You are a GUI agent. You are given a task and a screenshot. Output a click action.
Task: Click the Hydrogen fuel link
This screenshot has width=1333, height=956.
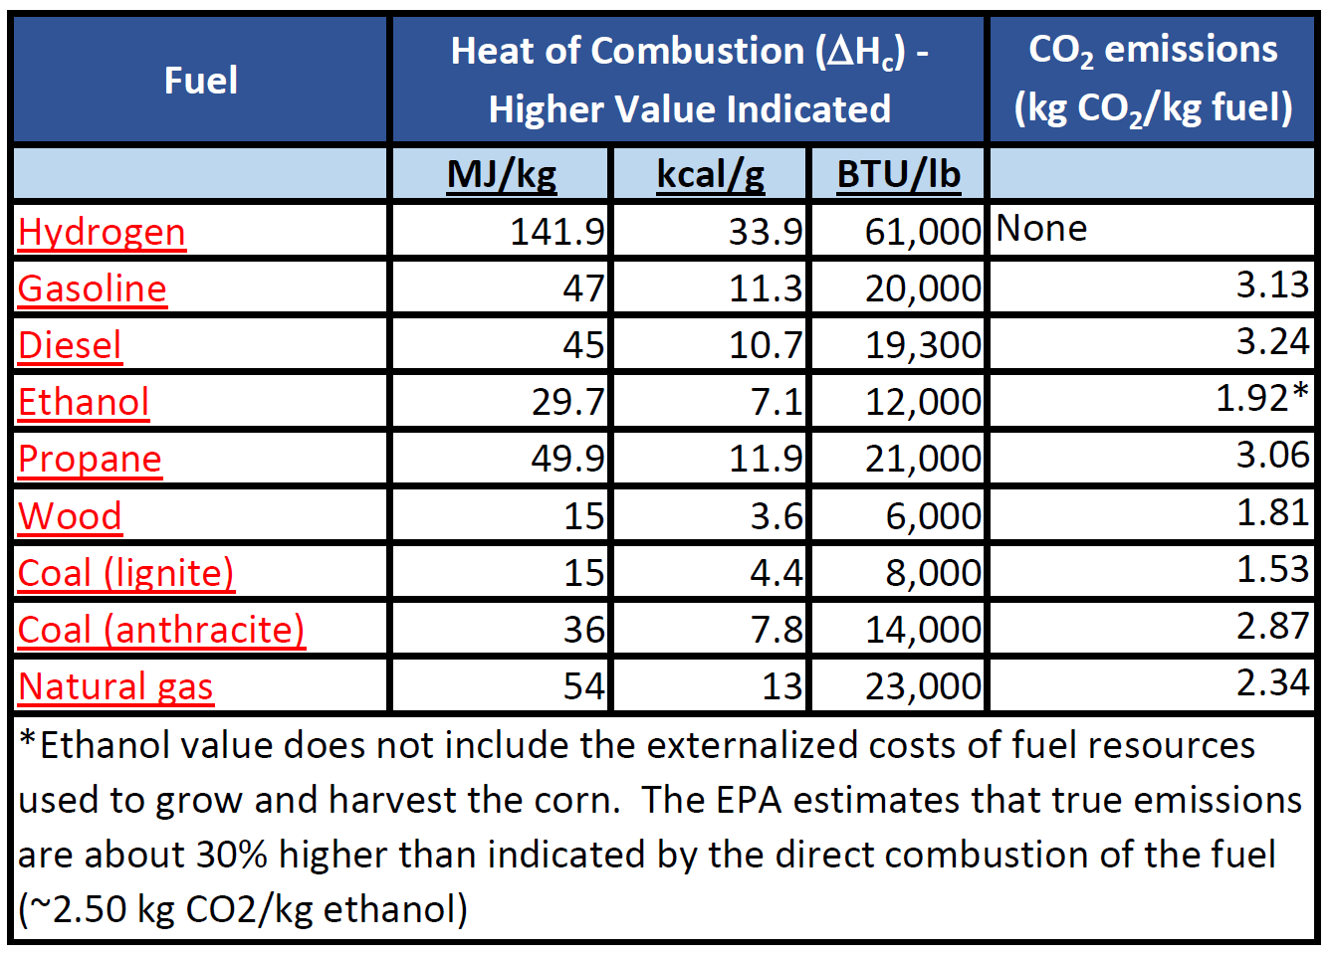(x=102, y=232)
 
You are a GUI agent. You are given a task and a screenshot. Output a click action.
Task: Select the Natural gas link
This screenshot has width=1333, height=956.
(x=115, y=686)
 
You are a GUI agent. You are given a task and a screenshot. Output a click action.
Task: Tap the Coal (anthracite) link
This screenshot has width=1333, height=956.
(x=161, y=630)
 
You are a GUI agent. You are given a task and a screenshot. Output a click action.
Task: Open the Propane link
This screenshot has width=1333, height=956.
(x=90, y=459)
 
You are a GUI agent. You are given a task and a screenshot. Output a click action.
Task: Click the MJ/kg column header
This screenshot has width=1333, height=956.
(x=502, y=174)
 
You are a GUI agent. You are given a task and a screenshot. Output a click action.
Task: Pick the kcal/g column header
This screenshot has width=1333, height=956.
(x=711, y=174)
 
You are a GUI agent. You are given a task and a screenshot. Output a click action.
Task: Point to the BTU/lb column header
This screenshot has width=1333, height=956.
(x=898, y=174)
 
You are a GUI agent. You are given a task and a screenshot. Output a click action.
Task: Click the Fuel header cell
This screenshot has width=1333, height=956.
(x=200, y=81)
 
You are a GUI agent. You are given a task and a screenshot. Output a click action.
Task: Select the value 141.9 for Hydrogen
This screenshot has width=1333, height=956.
(x=556, y=232)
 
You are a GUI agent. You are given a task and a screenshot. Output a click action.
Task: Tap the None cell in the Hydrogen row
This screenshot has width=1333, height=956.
(x=1041, y=229)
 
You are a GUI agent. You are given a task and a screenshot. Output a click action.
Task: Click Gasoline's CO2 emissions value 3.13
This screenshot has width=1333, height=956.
(x=1272, y=286)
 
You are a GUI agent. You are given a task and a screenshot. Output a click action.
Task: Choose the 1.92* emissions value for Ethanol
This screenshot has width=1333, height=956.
(x=1261, y=398)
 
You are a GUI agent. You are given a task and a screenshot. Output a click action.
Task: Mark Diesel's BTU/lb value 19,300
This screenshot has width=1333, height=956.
(x=923, y=345)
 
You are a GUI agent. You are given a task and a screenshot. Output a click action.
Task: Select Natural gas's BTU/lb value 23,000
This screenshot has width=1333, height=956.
(x=923, y=686)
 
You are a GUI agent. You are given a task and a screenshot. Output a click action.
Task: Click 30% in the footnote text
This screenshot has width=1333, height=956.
(x=231, y=855)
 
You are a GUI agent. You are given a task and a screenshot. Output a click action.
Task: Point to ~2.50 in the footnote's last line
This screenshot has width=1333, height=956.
(x=75, y=909)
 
